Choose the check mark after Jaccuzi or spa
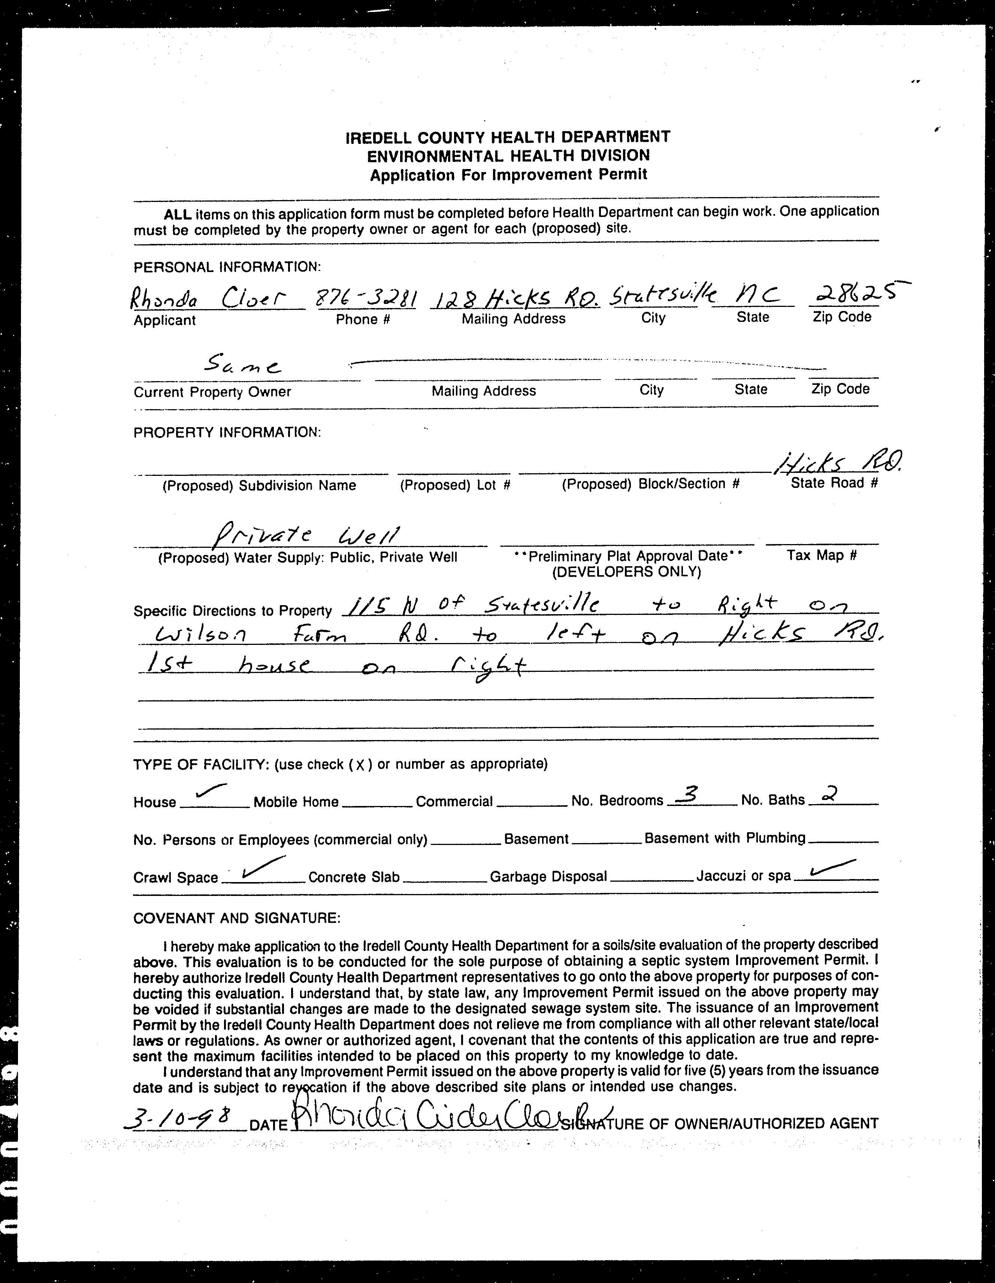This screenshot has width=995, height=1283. (831, 868)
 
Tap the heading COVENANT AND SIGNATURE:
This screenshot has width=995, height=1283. (237, 918)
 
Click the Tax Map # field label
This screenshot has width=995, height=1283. (821, 556)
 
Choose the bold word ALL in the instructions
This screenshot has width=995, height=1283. (178, 214)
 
